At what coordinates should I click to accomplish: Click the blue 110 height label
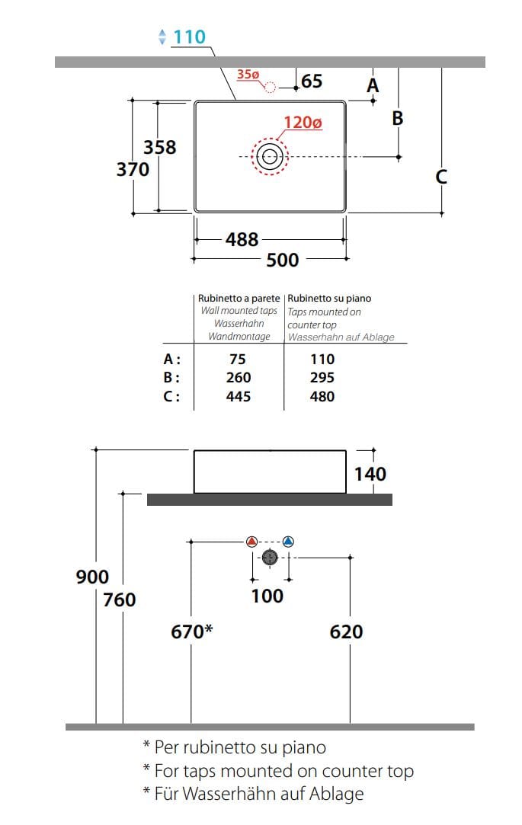point(190,37)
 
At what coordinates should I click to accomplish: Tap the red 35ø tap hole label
point(248,75)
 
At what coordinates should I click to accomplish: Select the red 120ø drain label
point(303,123)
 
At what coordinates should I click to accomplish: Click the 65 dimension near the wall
point(312,81)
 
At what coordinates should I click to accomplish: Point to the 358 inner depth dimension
point(160,147)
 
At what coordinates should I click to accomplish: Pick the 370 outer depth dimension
point(133,169)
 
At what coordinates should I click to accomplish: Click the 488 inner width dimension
point(242,240)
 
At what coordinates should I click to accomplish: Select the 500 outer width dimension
point(283,260)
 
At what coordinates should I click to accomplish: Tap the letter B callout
point(398,118)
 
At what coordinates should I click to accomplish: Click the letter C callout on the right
point(441,177)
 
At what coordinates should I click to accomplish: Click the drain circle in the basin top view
point(270,156)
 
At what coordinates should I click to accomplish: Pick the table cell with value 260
point(239,378)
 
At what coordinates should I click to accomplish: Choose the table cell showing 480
point(322,396)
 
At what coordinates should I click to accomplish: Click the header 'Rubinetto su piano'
point(329,299)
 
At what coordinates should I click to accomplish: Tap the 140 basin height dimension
point(370,474)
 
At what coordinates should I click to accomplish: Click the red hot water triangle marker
point(252,541)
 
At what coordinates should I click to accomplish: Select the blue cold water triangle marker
point(288,541)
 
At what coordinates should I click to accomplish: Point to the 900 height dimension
point(93,577)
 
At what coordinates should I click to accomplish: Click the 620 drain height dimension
point(346,632)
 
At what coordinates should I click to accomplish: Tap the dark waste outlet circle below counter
point(270,557)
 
